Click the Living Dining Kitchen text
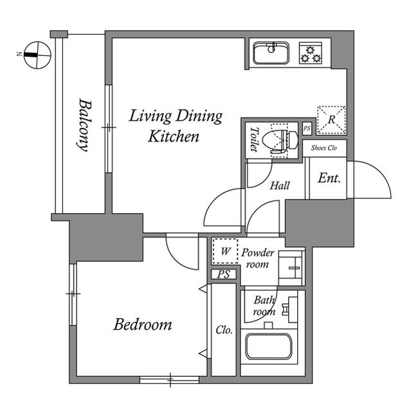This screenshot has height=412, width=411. pos(175,126)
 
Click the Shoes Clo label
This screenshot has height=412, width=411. pos(325,148)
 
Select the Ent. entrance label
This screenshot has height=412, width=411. pos(329,178)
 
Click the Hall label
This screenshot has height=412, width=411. pos(279,186)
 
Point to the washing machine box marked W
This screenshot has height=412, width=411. pos(225,252)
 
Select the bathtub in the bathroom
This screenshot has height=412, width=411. pos(269,348)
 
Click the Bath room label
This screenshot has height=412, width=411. pos(264,306)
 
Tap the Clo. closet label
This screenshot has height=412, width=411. pos(223,330)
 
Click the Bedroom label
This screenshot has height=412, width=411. pos(143,324)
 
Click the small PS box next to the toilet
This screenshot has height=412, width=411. pos(307,128)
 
